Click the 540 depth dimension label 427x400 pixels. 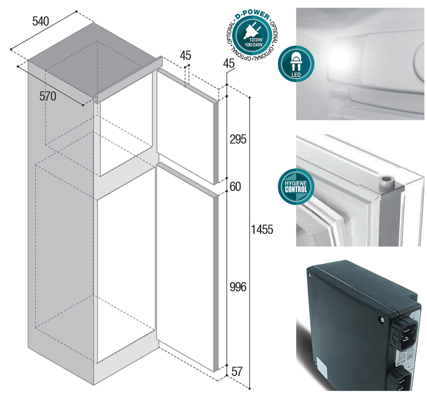[x=40, y=21]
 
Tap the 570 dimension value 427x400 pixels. [x=47, y=96]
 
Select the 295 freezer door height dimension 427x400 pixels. [x=238, y=140]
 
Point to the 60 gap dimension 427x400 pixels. [x=235, y=186]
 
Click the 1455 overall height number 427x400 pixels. [x=262, y=230]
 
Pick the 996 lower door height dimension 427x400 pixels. [x=238, y=287]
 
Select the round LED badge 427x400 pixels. [x=296, y=64]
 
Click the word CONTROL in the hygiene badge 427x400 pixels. [x=296, y=190]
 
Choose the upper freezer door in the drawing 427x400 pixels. [x=185, y=127]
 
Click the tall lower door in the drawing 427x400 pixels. [x=185, y=267]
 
